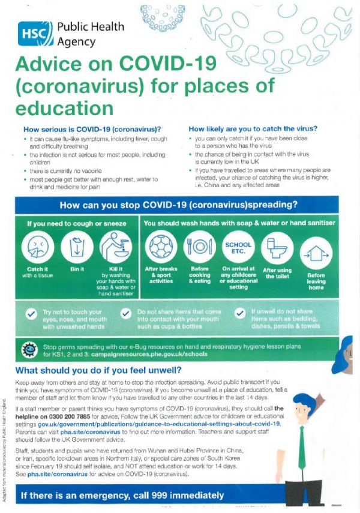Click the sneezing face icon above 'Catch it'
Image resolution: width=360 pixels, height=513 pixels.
pyautogui.click(x=38, y=247)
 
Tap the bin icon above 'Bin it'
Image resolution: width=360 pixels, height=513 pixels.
pyautogui.click(x=77, y=247)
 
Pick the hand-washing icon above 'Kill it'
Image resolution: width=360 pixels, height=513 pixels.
pyautogui.click(x=116, y=247)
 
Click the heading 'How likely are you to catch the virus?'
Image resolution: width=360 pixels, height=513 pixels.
pyautogui.click(x=253, y=128)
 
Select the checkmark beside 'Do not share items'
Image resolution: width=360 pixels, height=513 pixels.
pyautogui.click(x=126, y=314)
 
